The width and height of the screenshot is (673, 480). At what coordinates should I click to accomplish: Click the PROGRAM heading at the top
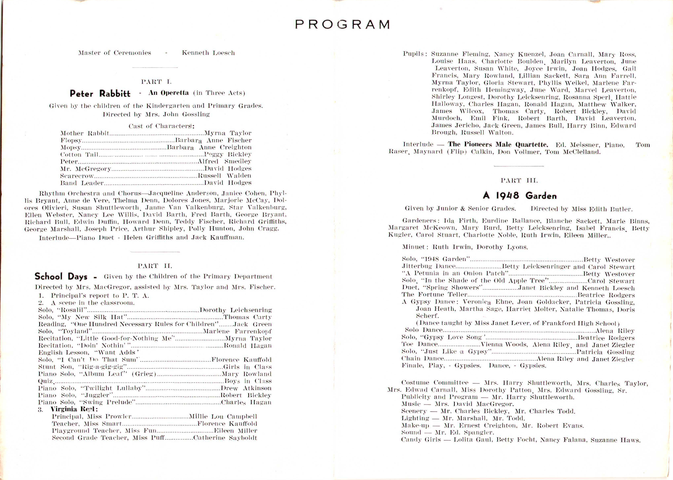tap(342, 24)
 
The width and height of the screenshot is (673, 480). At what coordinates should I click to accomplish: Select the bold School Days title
tap(61, 276)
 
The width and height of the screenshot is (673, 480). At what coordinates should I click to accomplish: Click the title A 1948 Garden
tap(519, 195)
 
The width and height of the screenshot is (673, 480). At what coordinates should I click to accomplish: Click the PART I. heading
tap(156, 82)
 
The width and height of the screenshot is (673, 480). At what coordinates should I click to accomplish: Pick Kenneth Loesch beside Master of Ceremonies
tap(208, 53)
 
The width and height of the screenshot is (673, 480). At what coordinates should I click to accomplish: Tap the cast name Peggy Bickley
tap(228, 154)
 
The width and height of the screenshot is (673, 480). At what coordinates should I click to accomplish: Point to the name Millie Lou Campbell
tap(223, 416)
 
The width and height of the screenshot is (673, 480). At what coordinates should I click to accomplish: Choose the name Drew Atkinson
tap(246, 388)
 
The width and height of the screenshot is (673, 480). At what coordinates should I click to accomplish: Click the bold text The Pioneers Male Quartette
tap(498, 145)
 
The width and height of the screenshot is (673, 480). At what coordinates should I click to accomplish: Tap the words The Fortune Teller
tap(434, 294)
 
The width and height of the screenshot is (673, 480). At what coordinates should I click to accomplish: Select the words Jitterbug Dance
tap(428, 266)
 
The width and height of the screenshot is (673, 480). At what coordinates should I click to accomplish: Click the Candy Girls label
tap(421, 440)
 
